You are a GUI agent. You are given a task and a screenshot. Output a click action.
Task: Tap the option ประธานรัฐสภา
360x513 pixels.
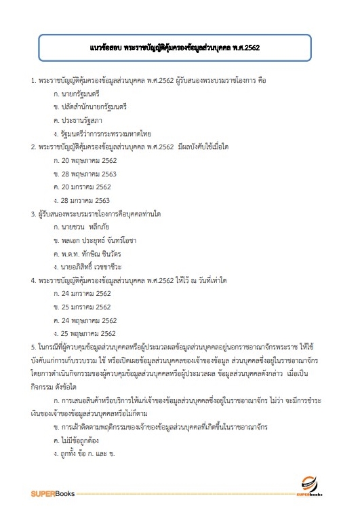[78, 120]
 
